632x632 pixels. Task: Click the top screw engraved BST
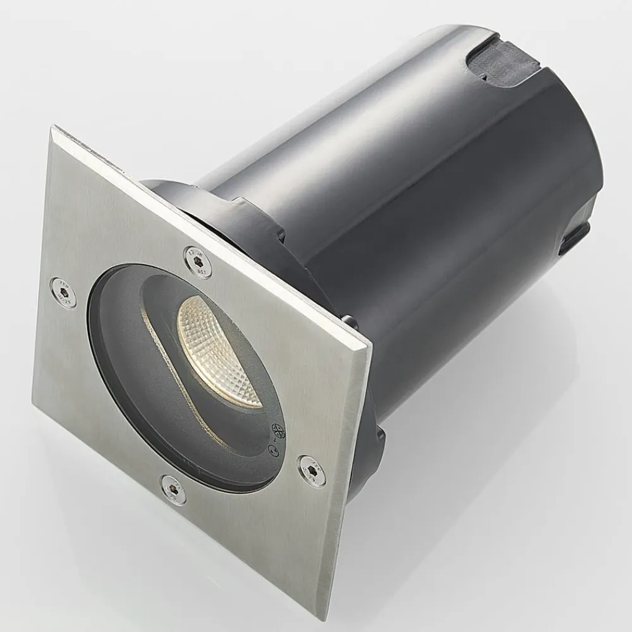click(198, 261)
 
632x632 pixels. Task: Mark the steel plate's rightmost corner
click(372, 344)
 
